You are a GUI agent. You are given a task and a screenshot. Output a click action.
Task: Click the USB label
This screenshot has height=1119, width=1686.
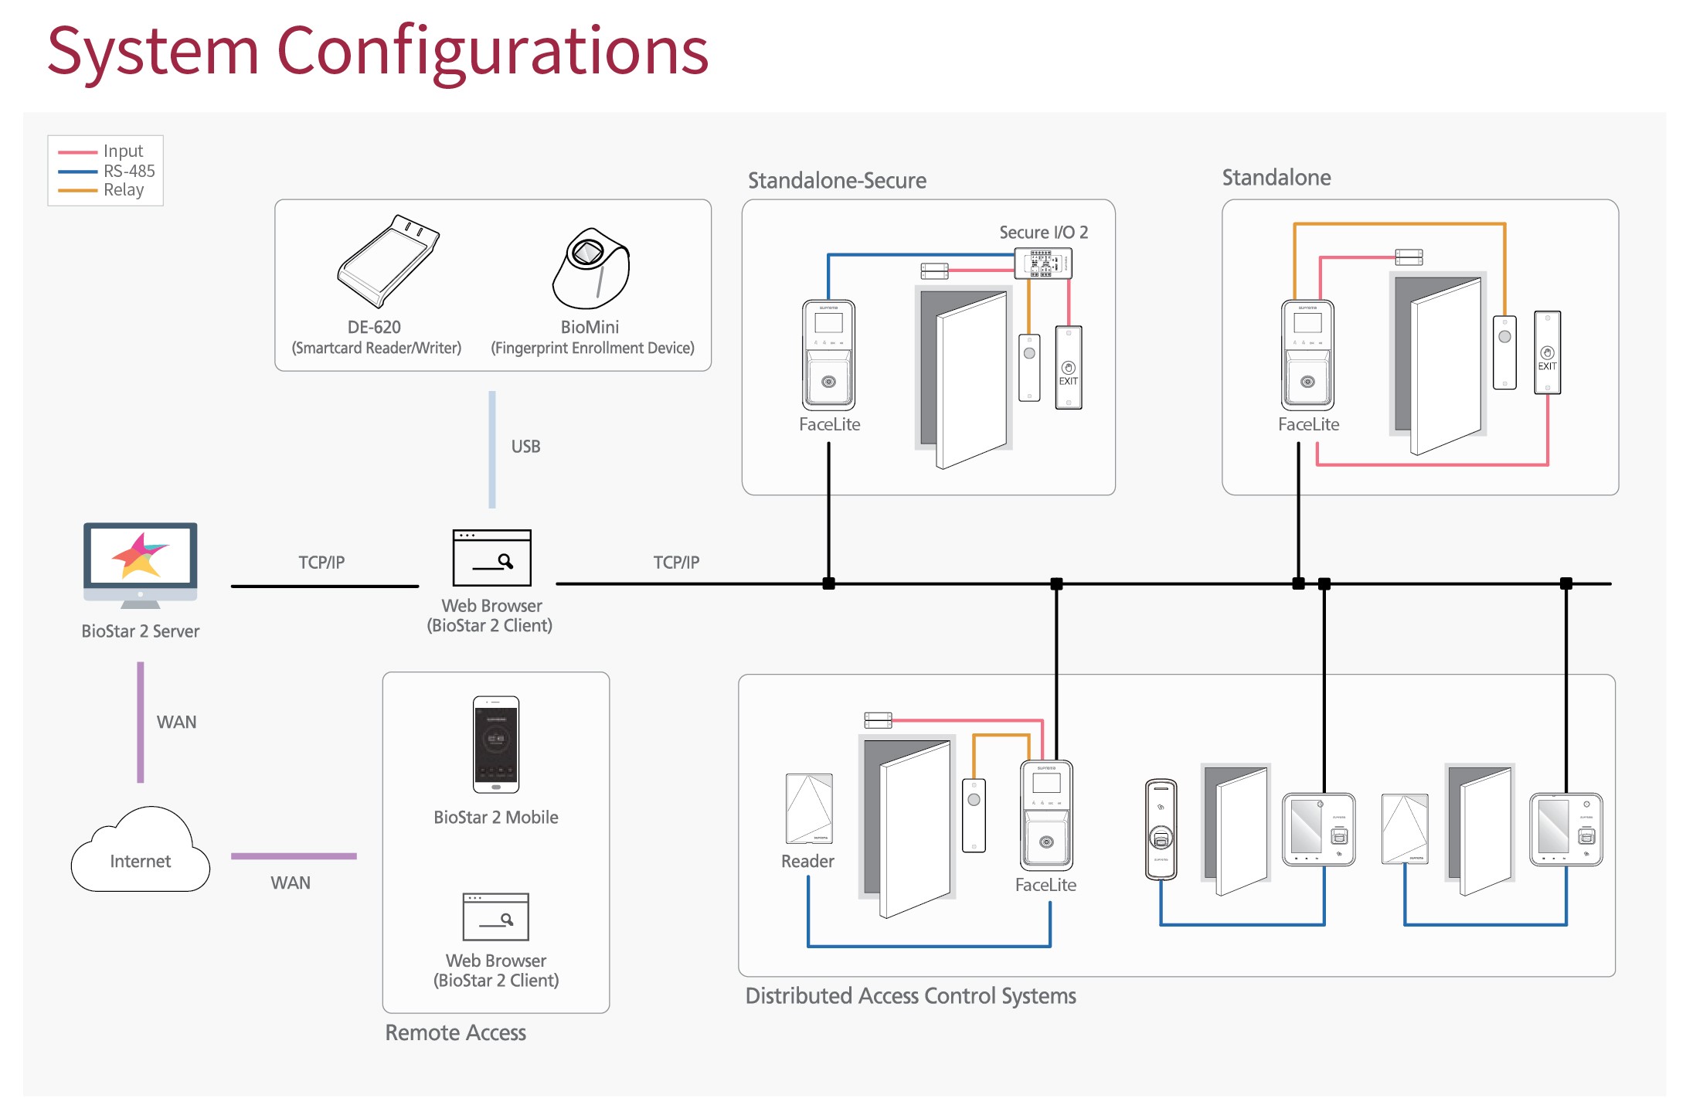[x=525, y=447]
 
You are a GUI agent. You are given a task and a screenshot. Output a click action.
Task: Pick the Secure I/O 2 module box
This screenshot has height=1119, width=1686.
[x=1042, y=264]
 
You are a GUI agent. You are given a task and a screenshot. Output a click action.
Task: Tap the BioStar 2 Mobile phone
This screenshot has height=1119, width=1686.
[x=496, y=744]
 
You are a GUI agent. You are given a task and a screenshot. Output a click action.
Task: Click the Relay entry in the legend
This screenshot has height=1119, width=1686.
[x=124, y=190]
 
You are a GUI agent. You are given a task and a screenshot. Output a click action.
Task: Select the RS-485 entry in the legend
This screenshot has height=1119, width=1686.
[x=129, y=171]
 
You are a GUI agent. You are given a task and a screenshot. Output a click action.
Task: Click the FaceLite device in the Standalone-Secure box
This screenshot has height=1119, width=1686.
[x=828, y=355]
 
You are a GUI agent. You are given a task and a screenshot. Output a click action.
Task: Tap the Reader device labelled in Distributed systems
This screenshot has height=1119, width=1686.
[x=809, y=808]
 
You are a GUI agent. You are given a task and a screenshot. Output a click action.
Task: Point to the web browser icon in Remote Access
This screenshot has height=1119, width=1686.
[x=496, y=917]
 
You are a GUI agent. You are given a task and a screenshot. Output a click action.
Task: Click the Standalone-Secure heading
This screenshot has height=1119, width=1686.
[x=837, y=181]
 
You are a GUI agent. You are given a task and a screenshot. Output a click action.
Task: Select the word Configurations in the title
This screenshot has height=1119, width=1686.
[x=492, y=51]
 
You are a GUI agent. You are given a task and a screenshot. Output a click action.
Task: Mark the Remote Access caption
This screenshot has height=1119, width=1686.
[x=456, y=1033]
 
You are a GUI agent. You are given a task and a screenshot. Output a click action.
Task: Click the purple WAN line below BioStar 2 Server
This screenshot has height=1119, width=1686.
[x=141, y=722]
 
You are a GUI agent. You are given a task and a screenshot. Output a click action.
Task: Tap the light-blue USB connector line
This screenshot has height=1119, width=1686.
[x=492, y=449]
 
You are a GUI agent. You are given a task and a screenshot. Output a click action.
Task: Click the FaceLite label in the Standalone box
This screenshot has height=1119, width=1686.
[x=1308, y=424]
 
